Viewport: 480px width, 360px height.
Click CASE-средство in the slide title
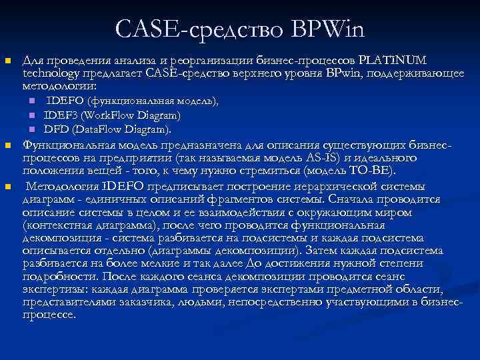(199, 29)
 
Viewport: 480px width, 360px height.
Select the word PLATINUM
(397, 61)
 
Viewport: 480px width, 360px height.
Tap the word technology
(48, 74)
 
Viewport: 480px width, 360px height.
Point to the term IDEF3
(62, 115)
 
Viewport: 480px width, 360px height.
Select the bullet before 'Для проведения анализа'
(7, 61)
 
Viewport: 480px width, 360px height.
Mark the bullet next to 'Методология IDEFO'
(7, 186)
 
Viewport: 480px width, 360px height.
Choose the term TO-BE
(381, 171)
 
